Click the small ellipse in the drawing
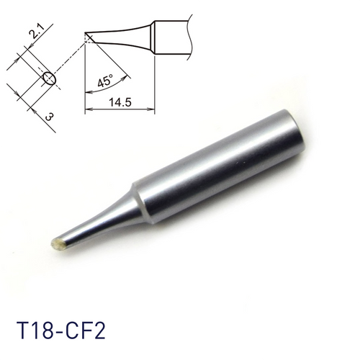click(48, 78)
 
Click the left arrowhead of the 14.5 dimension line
click(88, 110)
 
